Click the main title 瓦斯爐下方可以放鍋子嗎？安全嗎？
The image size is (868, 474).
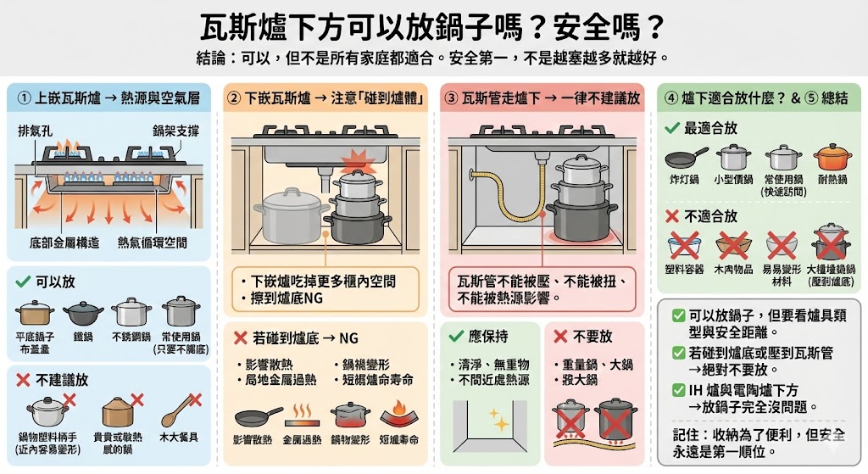[x=432, y=28]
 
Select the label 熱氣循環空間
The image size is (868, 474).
[x=153, y=243]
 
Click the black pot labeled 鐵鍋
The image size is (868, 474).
[x=82, y=315]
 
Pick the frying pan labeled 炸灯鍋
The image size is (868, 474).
[x=684, y=158]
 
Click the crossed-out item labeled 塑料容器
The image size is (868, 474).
[x=684, y=246]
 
